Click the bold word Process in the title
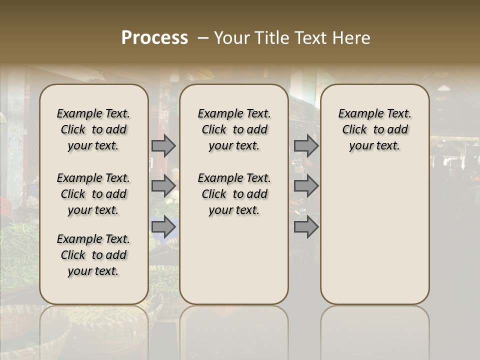154,37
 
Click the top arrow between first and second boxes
163,145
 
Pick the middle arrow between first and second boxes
163,186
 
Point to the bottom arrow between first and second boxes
163,226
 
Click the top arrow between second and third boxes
306,145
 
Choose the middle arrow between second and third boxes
306,186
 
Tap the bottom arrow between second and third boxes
306,226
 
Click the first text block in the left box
93,129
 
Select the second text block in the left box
93,194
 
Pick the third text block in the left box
93,255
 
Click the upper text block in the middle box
234,129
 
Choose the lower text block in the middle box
234,194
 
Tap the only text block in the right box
374,129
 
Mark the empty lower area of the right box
374,230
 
